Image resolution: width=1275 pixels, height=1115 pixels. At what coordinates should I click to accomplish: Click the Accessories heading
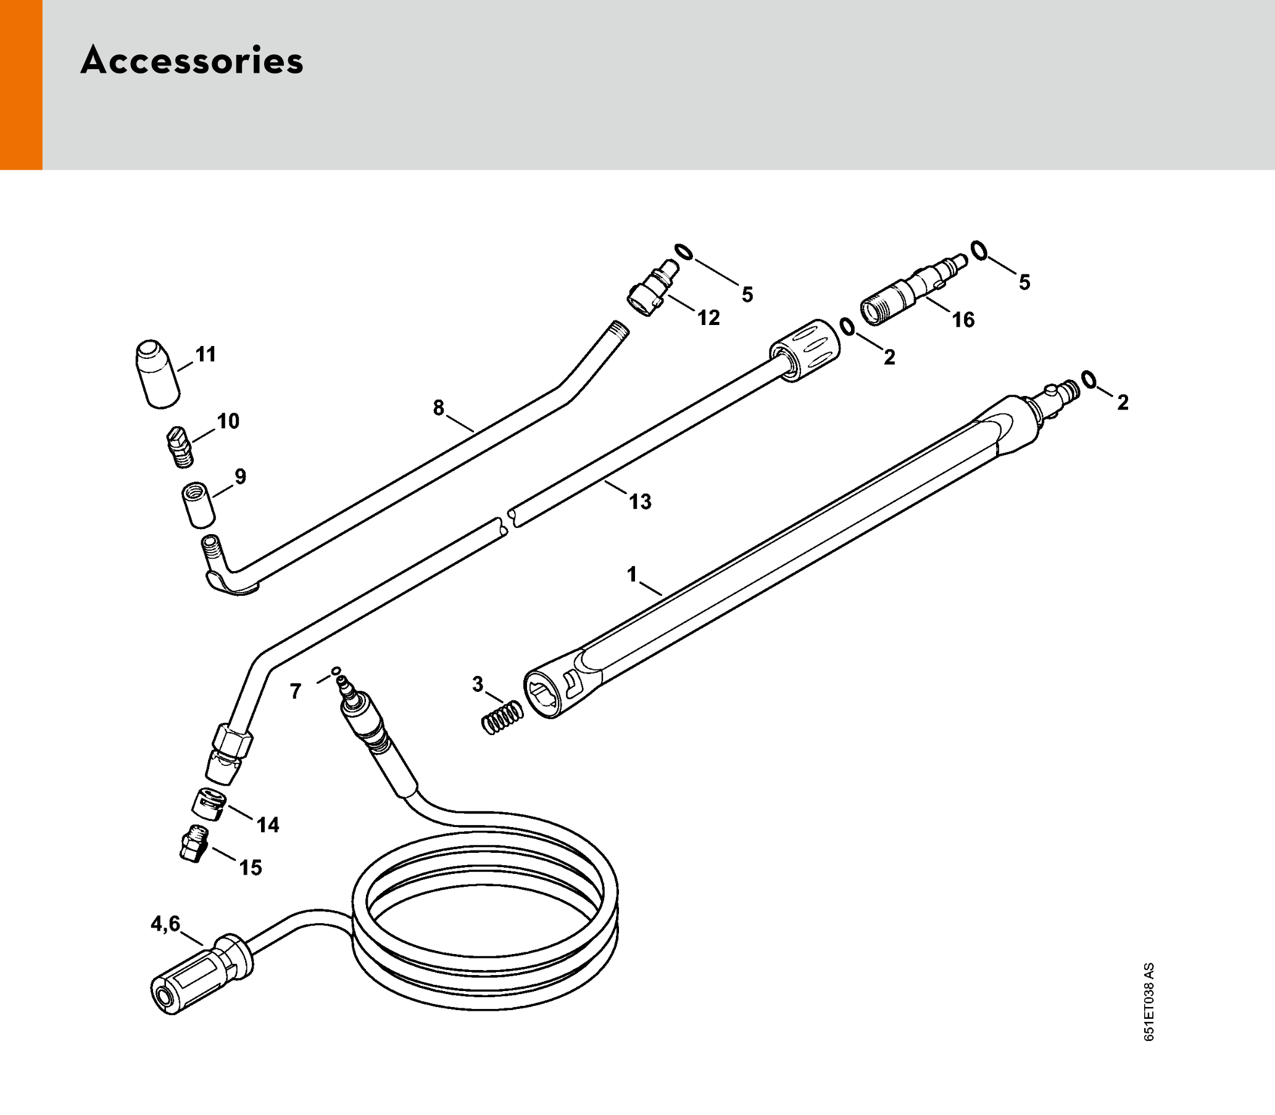192,62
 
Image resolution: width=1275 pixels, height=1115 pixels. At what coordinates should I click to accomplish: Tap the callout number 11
206,355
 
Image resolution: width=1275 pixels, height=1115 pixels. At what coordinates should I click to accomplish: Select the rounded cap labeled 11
157,374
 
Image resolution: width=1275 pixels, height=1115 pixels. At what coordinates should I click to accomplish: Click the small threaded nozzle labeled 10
180,446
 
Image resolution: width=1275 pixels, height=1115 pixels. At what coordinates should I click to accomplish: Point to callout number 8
439,408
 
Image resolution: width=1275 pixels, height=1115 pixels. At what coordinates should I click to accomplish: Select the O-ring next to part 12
684,253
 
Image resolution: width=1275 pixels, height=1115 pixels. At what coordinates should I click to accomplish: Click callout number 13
641,501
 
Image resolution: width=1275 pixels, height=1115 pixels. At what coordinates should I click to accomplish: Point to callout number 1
632,574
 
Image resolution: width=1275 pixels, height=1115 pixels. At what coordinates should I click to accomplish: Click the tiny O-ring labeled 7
336,671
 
